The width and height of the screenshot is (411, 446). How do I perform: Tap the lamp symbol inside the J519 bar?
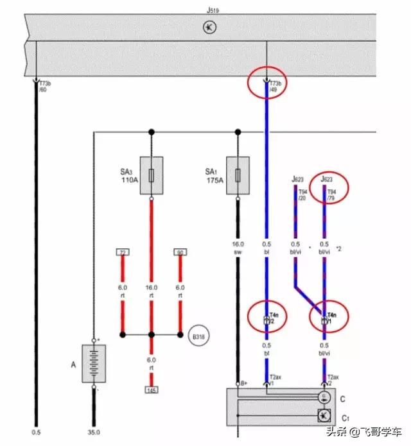(209, 27)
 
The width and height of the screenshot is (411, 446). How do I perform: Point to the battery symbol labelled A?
(94, 363)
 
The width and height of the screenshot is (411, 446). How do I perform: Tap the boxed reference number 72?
(122, 252)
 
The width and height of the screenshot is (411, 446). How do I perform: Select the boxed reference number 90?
(180, 252)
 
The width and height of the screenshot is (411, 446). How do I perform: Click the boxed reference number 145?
(152, 390)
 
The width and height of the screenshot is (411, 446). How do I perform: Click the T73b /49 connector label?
(275, 87)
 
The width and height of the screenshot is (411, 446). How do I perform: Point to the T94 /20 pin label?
(296, 194)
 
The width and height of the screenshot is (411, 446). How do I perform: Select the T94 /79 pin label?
(332, 194)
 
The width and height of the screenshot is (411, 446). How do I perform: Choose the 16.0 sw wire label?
(238, 248)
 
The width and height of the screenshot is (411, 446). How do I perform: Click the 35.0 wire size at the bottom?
(94, 433)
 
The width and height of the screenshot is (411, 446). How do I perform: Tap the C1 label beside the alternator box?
(345, 418)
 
